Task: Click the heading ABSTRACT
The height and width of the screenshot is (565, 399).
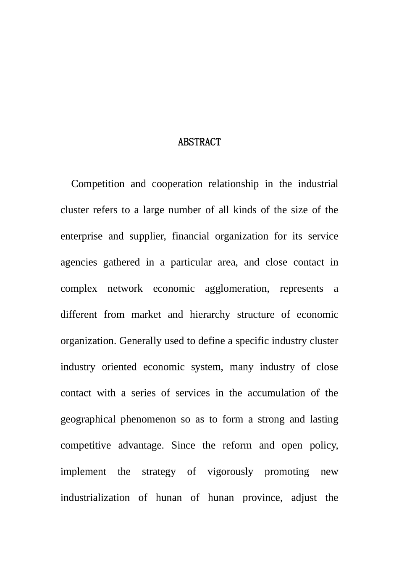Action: click(199, 142)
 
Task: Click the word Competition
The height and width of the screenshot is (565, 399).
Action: click(98, 184)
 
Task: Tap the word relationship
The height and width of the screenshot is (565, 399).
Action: click(234, 184)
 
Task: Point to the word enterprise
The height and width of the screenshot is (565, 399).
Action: click(81, 236)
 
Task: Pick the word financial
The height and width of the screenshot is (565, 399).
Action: click(190, 236)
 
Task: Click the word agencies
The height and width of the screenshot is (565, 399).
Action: click(79, 262)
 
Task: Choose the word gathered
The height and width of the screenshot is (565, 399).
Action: click(121, 262)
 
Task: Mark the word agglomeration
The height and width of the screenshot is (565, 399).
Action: click(237, 289)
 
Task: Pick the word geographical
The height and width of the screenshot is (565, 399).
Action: click(88, 420)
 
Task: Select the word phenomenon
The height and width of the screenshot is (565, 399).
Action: click(148, 420)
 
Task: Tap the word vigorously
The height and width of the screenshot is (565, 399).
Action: click(230, 472)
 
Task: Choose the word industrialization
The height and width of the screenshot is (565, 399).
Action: click(95, 498)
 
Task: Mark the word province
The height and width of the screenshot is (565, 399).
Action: click(262, 498)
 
